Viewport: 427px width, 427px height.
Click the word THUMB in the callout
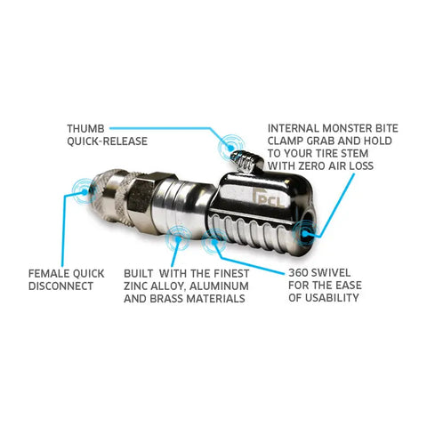tap(85, 129)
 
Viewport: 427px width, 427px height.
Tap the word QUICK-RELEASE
tap(107, 141)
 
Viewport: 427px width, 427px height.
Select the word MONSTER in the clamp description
tap(347, 128)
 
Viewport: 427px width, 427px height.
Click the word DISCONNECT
tap(60, 286)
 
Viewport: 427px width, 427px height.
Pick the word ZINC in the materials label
tap(135, 286)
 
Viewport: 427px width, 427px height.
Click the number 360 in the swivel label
tap(299, 272)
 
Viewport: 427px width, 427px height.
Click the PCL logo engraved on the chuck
tap(270, 197)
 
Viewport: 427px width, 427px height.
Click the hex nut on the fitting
tap(142, 196)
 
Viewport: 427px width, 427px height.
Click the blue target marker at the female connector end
tap(85, 191)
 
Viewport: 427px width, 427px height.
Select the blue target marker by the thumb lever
tap(231, 147)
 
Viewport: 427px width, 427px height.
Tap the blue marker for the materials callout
tap(178, 238)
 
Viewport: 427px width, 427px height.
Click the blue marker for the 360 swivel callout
tap(214, 241)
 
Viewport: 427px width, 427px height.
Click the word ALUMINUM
tap(219, 286)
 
